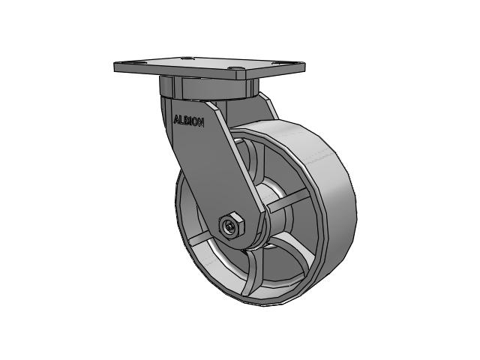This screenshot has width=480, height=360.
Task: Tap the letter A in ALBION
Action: coord(176,120)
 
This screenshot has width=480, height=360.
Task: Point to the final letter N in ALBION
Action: coord(201,123)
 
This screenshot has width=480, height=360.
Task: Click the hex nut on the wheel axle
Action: coord(232,225)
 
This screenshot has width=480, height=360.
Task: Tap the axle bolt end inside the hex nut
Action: coord(230,226)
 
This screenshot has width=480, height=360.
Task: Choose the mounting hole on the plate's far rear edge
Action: coord(187,58)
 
